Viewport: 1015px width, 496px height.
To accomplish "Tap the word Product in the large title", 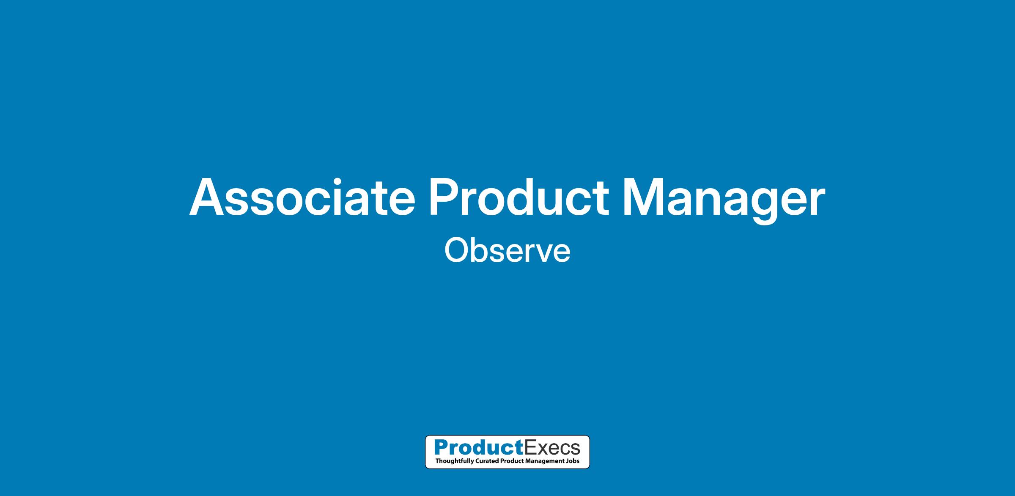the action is [x=518, y=197].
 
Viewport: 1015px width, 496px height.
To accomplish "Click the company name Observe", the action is [x=507, y=251].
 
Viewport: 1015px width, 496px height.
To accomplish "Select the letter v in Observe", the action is [x=544, y=254].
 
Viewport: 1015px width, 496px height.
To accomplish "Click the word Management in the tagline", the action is [x=545, y=461].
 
